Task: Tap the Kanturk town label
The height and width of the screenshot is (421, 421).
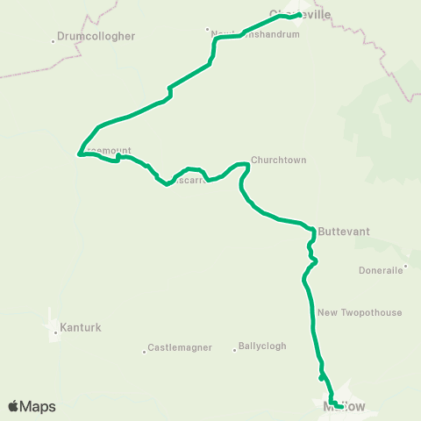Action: point(81,329)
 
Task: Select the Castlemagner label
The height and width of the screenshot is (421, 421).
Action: point(182,348)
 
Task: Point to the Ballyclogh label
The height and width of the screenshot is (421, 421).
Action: point(263,346)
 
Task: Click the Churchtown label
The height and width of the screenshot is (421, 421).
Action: point(278,161)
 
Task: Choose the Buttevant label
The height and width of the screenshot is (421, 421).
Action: point(344,232)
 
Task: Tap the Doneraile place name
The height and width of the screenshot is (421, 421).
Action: point(381,270)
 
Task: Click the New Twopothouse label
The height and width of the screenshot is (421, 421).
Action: point(360,312)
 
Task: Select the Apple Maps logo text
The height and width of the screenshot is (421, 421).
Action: point(32,406)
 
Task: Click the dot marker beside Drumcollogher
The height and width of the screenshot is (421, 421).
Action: point(54,38)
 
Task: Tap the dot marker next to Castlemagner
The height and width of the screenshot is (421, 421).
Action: point(144,352)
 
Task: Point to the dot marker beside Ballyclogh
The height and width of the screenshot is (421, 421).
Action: point(235,350)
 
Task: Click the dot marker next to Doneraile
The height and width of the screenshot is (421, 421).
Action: point(405,269)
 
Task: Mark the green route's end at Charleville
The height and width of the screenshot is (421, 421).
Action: point(299,15)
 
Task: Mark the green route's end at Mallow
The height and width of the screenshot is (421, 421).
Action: point(340,405)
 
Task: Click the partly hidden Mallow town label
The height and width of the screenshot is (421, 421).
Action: point(344,407)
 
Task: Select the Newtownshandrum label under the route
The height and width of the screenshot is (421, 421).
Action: point(256,34)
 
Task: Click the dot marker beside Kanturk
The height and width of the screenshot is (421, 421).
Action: point(54,332)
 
